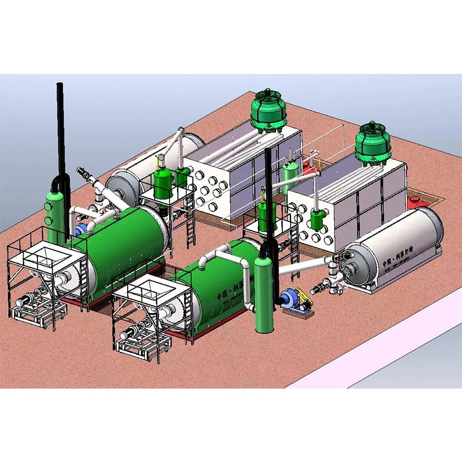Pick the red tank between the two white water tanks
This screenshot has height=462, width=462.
[x=309, y=169]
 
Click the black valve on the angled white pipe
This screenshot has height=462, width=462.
[x=83, y=172]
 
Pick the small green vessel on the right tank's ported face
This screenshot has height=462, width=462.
[x=316, y=219]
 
